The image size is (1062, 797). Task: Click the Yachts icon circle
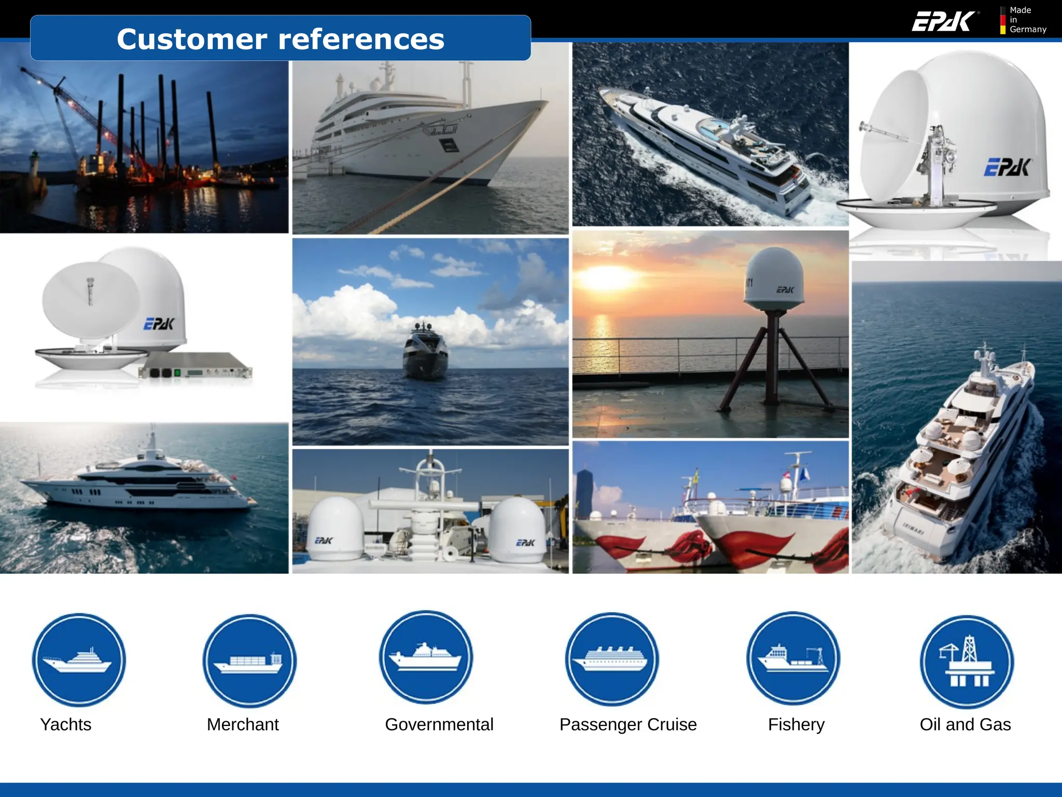tap(79, 659)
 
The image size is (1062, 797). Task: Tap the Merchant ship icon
tap(249, 661)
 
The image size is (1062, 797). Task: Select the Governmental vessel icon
tap(426, 657)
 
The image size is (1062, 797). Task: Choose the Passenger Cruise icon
tap(612, 659)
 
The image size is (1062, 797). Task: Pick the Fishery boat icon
tap(793, 658)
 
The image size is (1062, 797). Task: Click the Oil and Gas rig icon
tap(967, 662)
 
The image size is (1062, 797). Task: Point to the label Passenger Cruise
tap(628, 724)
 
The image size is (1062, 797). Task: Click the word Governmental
tap(439, 724)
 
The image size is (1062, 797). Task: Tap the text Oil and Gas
tap(965, 724)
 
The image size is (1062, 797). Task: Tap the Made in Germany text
tap(1027, 20)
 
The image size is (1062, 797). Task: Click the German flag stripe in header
tap(1003, 20)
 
